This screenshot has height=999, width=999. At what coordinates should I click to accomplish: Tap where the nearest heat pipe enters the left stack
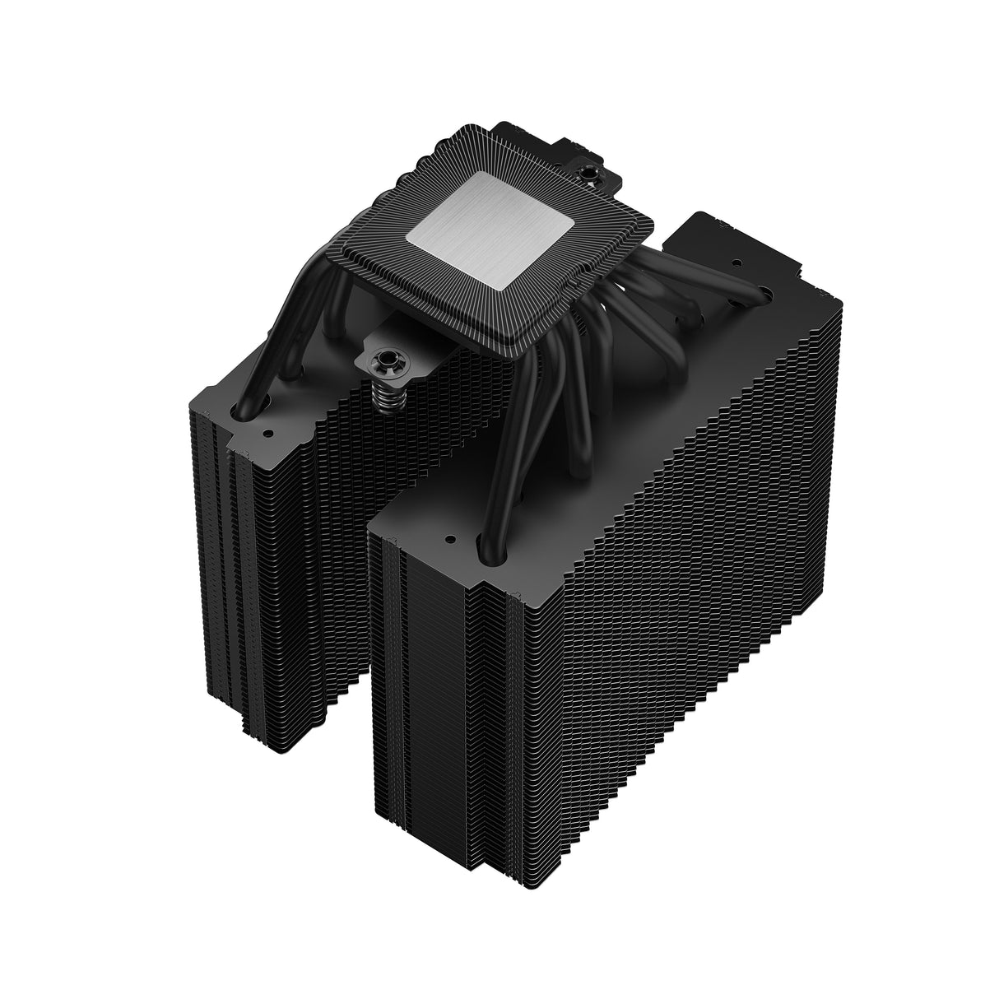245,407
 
